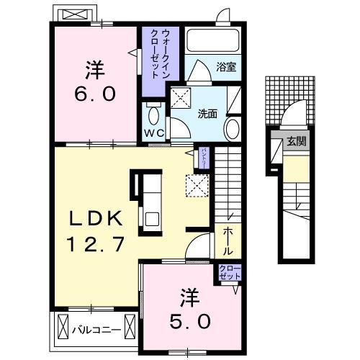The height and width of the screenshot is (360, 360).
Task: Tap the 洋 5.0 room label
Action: pos(192,307)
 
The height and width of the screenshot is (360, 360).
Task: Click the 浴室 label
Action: pos(226,67)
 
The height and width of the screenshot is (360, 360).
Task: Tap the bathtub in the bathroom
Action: pos(213,40)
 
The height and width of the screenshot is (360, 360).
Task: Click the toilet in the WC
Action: pos(153,115)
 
